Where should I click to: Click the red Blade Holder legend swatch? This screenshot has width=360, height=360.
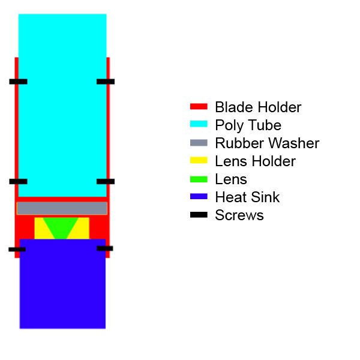click(199, 107)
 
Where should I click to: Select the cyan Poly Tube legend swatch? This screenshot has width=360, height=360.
click(199, 125)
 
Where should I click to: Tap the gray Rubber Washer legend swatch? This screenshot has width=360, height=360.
click(199, 143)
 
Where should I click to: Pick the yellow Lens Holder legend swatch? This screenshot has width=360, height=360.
click(199, 161)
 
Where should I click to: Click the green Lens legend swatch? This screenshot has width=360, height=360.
click(199, 179)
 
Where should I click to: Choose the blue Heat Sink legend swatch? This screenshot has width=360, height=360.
click(199, 197)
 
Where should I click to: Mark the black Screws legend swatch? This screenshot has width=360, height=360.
click(199, 214)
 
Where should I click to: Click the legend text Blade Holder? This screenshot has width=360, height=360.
click(258, 107)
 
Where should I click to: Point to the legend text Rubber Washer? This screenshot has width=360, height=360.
click(267, 143)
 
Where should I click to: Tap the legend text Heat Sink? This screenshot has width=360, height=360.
click(247, 197)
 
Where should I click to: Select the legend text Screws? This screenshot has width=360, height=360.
click(239, 215)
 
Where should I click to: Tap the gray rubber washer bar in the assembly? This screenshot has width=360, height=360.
click(62, 208)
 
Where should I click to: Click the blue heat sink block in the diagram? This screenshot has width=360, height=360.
click(62, 285)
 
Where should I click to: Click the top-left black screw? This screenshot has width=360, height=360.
click(18, 81)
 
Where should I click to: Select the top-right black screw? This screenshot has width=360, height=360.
click(106, 81)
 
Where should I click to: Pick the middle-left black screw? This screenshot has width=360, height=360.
click(18, 181)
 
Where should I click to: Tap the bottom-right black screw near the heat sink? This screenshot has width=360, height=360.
click(105, 248)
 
